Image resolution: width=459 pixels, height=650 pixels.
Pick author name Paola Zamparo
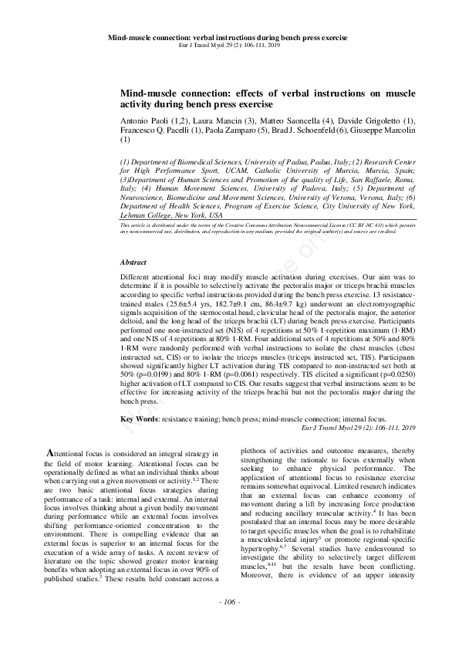pos(231,130)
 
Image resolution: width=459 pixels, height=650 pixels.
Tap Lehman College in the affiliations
pos(146,215)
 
